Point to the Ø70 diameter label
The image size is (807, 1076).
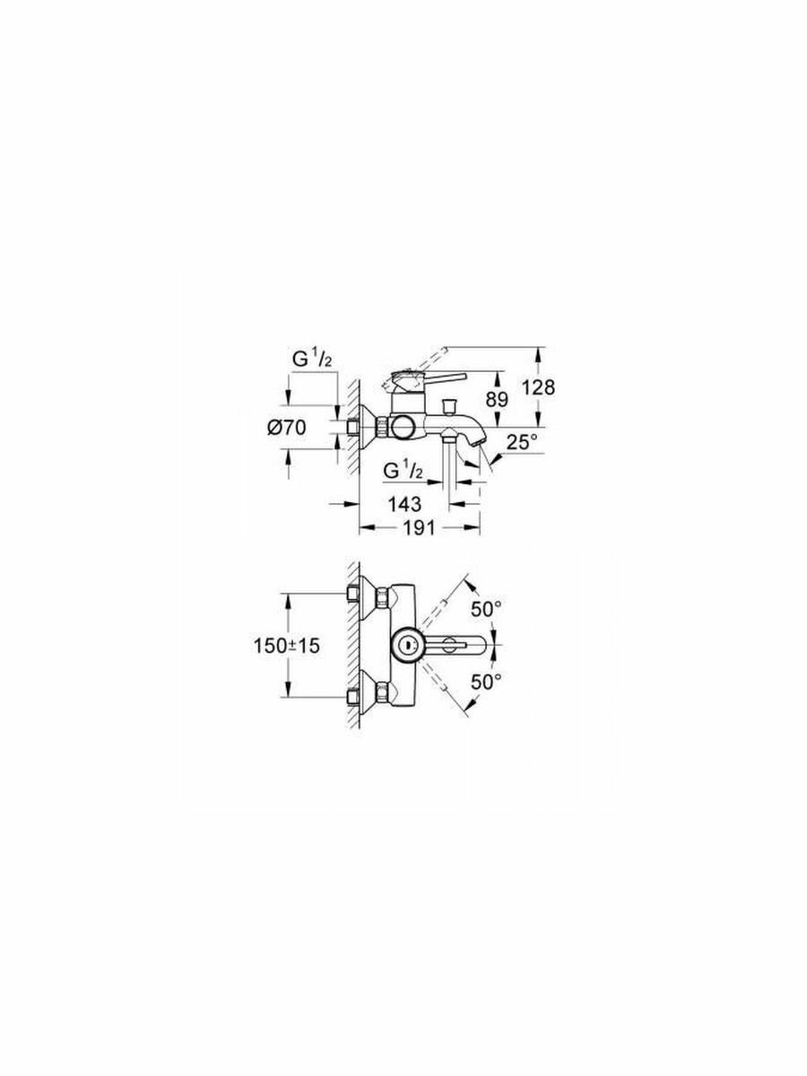(x=287, y=429)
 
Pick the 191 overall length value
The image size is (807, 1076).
(x=417, y=529)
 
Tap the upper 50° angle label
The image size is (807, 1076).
(x=487, y=609)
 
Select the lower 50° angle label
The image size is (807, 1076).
(x=487, y=681)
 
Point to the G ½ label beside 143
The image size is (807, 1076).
(x=402, y=471)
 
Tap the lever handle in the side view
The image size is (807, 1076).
(x=439, y=377)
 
